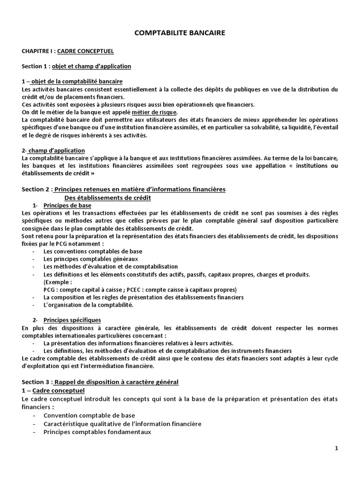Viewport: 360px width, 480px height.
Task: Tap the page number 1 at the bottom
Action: point(336,449)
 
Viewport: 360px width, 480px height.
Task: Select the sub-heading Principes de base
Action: point(67,205)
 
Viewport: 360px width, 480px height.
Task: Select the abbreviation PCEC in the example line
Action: point(121,289)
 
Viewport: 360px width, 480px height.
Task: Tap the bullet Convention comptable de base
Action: point(89,415)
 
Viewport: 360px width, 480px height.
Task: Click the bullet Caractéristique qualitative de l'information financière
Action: point(122,424)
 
